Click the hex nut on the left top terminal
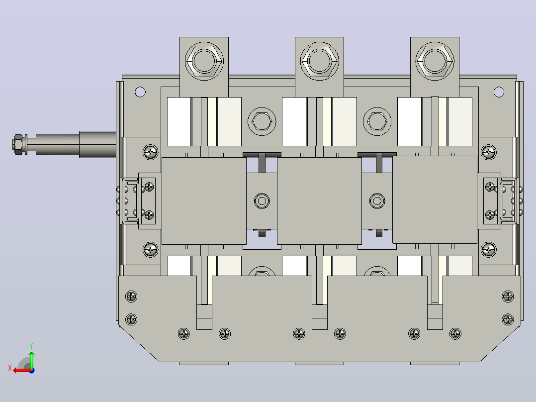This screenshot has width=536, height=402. coord(204,62)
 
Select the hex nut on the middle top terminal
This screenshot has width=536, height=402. coord(319,62)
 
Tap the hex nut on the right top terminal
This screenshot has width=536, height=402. coord(435,62)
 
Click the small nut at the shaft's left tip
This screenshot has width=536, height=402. coord(18,145)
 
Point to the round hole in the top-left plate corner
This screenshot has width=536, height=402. coord(140,92)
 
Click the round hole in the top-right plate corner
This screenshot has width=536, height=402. coord(499,92)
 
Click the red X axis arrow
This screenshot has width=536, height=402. coord(22,371)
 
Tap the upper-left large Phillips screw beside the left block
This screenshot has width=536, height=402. coord(150,152)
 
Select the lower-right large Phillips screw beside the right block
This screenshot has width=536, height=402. coord(488,250)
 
